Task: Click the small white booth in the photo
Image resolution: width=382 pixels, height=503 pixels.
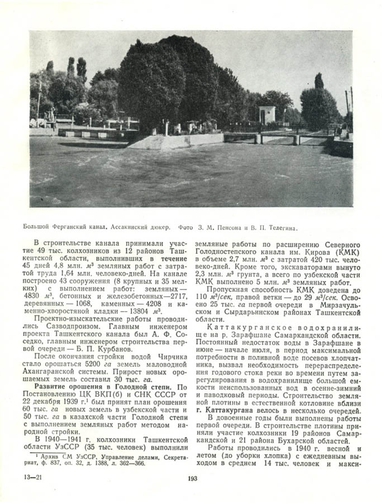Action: click(x=266, y=115)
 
